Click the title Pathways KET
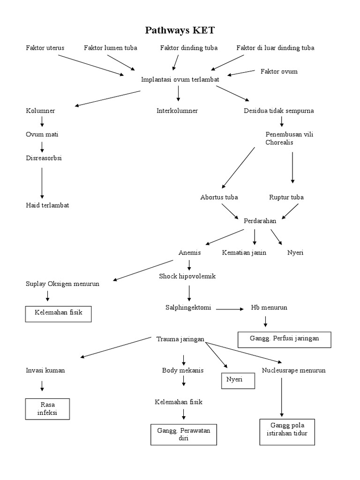(180, 31)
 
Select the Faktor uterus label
(45, 48)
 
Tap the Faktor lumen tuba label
(111, 48)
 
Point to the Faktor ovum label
(279, 71)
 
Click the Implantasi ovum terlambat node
(180, 80)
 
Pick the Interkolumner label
(177, 111)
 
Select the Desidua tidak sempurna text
(279, 111)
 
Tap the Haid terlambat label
(47, 205)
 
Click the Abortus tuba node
(218, 197)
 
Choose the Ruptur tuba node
(286, 197)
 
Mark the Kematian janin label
(244, 253)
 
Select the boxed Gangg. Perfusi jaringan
(285, 339)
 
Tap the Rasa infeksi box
(47, 409)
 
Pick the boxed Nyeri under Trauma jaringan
(238, 381)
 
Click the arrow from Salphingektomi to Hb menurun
(230, 309)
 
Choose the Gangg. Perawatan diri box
(184, 435)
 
